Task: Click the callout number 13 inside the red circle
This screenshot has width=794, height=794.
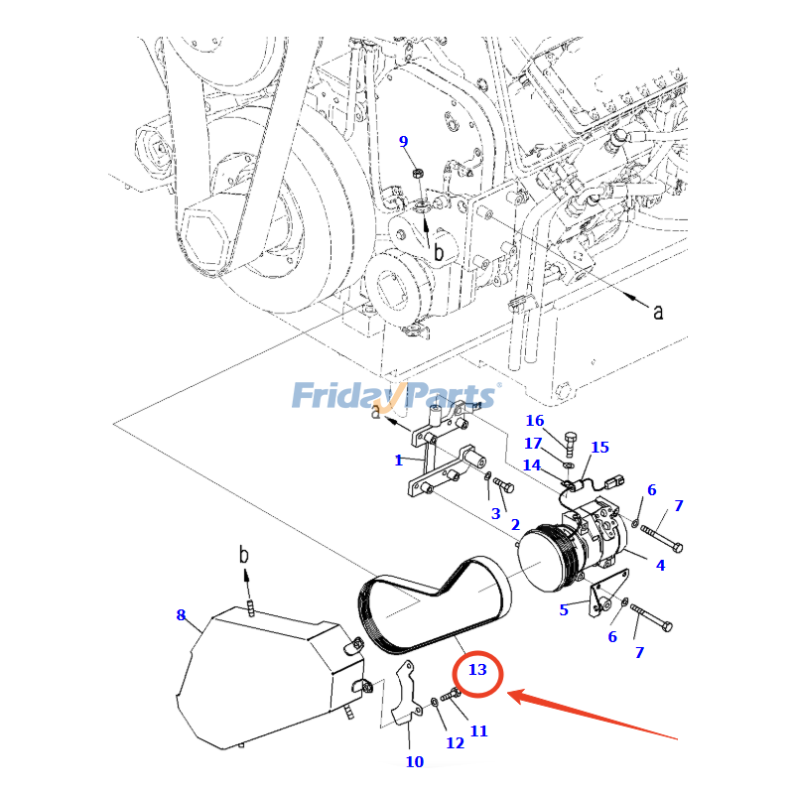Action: [x=477, y=670]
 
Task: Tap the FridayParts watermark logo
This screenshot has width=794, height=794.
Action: [x=395, y=396]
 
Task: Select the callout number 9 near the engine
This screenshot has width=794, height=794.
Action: [x=403, y=141]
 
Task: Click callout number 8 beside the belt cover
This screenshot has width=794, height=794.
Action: [x=181, y=615]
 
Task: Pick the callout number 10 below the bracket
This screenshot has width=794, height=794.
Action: [x=414, y=762]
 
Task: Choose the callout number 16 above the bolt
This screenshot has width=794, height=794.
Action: [x=535, y=421]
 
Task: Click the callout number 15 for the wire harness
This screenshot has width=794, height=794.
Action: [x=599, y=448]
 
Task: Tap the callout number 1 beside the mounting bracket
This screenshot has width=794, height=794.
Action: [x=398, y=461]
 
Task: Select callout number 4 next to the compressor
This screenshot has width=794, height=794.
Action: [x=659, y=566]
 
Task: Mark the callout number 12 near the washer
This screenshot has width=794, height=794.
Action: [x=455, y=742]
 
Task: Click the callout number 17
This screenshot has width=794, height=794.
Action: [x=533, y=443]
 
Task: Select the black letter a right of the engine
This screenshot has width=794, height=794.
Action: [x=657, y=312]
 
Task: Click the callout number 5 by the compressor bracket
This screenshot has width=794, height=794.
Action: [x=564, y=610]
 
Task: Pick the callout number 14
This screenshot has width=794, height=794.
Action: [x=532, y=464]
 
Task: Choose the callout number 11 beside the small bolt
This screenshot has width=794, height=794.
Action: [x=478, y=731]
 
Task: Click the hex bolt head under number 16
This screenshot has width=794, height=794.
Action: [x=570, y=438]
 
